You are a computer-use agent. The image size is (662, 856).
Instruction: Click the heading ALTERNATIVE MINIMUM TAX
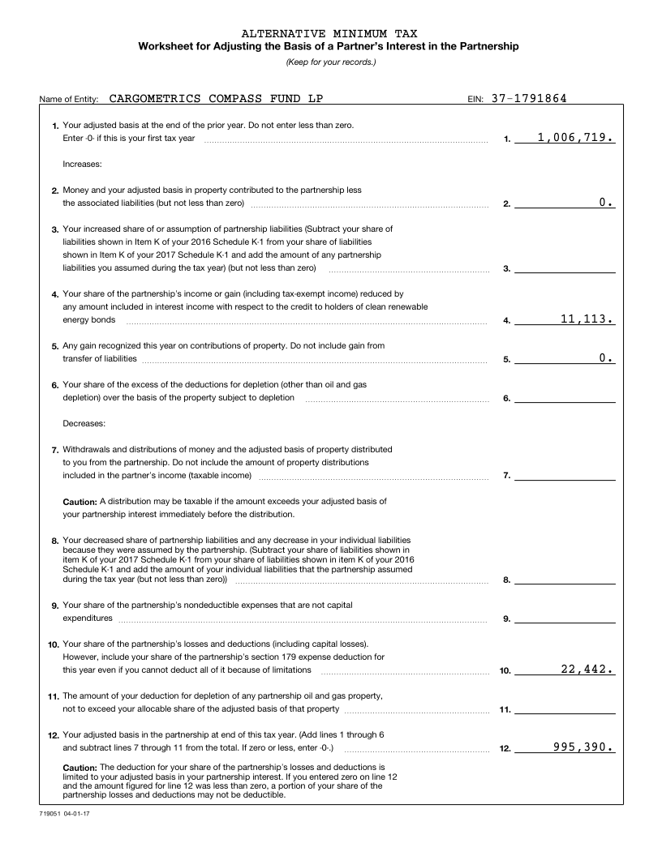pyautogui.click(x=329, y=33)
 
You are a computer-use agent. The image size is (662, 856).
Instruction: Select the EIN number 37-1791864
pyautogui.click(x=529, y=99)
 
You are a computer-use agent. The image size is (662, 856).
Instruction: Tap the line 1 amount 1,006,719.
pyautogui.click(x=575, y=139)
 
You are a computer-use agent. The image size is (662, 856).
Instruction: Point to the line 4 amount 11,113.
pyautogui.click(x=587, y=319)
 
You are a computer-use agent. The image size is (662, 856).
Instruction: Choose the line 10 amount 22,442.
pyautogui.click(x=587, y=670)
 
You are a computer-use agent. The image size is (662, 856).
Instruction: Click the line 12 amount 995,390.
pyautogui.click(x=582, y=747)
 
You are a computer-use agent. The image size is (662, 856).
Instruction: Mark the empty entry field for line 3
pyautogui.click(x=565, y=267)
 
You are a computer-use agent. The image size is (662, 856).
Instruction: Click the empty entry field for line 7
pyautogui.click(x=565, y=475)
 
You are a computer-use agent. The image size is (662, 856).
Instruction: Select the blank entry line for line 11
pyautogui.click(x=565, y=708)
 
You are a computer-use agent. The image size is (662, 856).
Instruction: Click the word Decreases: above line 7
pyautogui.click(x=84, y=423)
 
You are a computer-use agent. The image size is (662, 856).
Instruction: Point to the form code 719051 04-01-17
pyautogui.click(x=63, y=811)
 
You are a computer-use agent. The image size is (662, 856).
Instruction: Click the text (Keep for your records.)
pyautogui.click(x=330, y=62)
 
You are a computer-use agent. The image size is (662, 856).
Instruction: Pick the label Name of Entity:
pyautogui.click(x=69, y=101)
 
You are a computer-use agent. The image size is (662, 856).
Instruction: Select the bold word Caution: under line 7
pyautogui.click(x=80, y=502)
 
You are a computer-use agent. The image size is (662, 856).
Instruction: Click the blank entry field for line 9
pyautogui.click(x=565, y=618)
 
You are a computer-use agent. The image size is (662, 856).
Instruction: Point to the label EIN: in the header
pyautogui.click(x=475, y=101)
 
